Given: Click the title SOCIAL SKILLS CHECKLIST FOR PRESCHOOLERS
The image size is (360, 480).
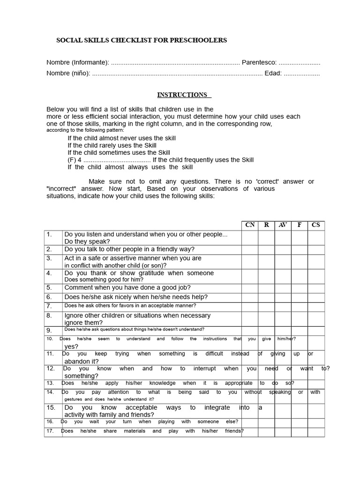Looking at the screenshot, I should pyautogui.click(x=142, y=40).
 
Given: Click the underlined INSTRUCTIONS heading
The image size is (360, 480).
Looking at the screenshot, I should pyautogui.click(x=182, y=95).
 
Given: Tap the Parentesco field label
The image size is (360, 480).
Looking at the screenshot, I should pyautogui.click(x=259, y=63).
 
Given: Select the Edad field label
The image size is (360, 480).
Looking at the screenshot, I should pyautogui.click(x=273, y=74).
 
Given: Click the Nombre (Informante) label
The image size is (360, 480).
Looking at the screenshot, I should pyautogui.click(x=77, y=63).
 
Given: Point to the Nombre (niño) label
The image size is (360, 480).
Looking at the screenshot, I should pyautogui.click(x=68, y=74).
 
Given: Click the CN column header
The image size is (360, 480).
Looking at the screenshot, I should pyautogui.click(x=250, y=225).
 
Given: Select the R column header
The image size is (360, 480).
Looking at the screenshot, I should pyautogui.click(x=266, y=225).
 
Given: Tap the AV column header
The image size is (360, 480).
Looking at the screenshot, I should pyautogui.click(x=283, y=225).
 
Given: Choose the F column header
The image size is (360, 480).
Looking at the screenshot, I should pyautogui.click(x=299, y=225).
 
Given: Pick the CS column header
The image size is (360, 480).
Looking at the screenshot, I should pyautogui.click(x=316, y=225).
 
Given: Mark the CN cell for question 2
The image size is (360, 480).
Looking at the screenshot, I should pyautogui.click(x=250, y=249).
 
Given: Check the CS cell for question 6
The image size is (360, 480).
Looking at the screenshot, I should pyautogui.click(x=316, y=297).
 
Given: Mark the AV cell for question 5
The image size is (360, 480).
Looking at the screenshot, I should pyautogui.click(x=283, y=288).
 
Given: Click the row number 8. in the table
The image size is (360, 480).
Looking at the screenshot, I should pyautogui.click(x=49, y=316).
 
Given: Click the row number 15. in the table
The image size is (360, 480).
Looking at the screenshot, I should pyautogui.click(x=51, y=408).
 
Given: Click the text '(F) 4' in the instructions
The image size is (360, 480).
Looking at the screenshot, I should pyautogui.click(x=75, y=160).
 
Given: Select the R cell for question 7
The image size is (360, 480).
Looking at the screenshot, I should pyautogui.click(x=266, y=306).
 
